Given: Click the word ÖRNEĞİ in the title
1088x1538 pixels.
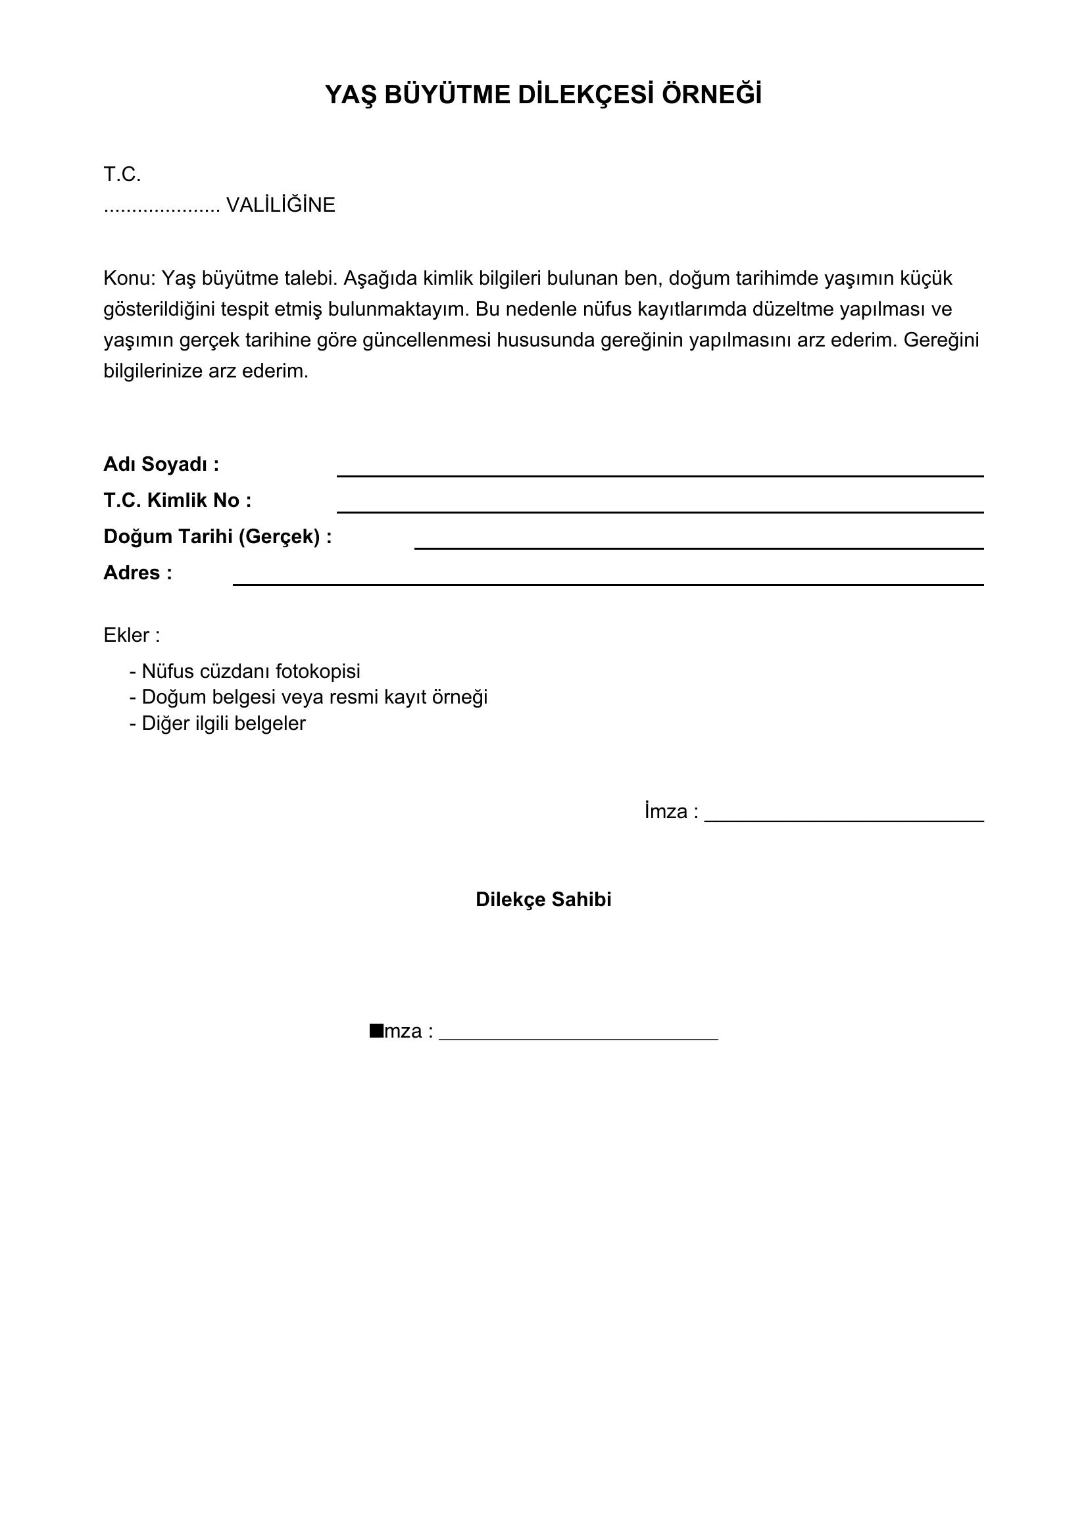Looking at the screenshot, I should (712, 95).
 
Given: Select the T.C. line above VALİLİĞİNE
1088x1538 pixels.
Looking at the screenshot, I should (122, 175).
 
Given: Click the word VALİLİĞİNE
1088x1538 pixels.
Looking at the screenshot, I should (281, 205).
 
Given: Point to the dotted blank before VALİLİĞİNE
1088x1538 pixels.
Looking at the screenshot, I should (161, 206).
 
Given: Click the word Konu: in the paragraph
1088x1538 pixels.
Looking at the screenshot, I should (130, 278).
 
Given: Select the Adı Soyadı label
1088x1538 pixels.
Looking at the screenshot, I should (161, 464).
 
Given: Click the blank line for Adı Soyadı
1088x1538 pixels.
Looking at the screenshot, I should (659, 475).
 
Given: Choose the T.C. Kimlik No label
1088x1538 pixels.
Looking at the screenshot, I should (177, 500).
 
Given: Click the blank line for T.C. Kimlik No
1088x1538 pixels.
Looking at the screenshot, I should (659, 511).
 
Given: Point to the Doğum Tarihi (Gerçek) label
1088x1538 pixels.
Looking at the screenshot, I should (217, 537).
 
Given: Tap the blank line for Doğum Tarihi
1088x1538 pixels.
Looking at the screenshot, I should (698, 547).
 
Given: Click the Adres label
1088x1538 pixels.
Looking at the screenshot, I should (137, 573).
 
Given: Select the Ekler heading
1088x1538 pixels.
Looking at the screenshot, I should (132, 635).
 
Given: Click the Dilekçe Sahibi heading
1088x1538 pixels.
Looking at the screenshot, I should (543, 900).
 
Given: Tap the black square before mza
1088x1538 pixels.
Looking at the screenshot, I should (376, 1030).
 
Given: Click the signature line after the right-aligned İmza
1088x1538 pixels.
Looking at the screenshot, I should (843, 820).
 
